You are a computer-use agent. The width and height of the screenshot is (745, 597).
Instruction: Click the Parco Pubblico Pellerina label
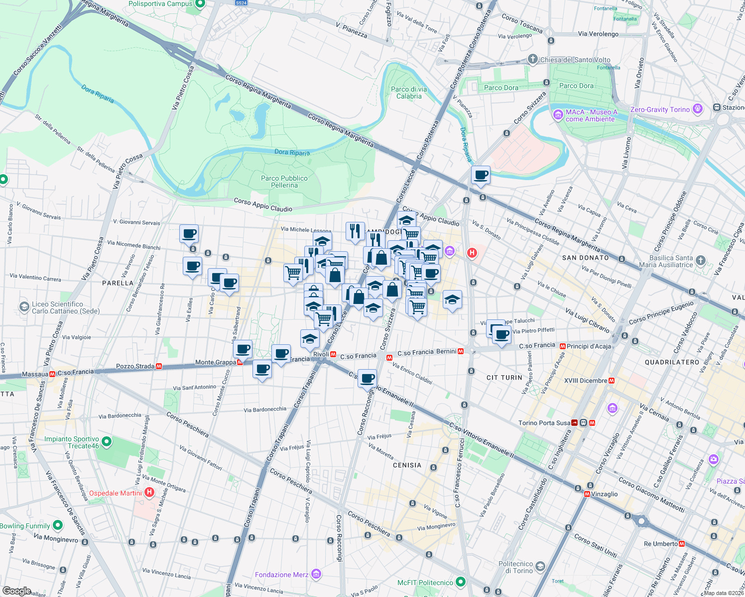(284, 182)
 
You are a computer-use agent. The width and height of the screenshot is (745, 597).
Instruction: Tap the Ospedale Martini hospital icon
(149, 493)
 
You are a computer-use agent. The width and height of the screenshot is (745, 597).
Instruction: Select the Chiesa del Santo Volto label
(575, 60)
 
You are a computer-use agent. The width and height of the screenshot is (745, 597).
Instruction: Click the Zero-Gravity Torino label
(660, 109)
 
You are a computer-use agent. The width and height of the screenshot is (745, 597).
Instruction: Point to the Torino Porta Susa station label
(544, 423)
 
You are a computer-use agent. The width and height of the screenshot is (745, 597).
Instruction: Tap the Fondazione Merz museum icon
(316, 575)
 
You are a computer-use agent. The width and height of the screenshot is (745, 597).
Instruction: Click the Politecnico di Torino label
(515, 567)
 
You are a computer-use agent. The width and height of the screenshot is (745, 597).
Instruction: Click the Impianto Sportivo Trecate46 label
(72, 442)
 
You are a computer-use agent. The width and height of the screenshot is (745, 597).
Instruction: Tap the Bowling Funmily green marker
(58, 525)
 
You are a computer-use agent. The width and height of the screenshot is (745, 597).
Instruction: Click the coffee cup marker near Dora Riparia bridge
(481, 175)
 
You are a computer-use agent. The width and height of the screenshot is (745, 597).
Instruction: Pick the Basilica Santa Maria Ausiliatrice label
(671, 261)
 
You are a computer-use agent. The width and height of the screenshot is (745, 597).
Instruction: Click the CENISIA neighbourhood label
(407, 465)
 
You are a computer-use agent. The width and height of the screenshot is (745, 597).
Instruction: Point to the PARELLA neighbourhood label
(118, 283)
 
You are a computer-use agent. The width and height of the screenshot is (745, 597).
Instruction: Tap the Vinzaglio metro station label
(604, 494)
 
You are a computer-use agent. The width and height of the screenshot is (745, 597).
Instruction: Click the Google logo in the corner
(16, 591)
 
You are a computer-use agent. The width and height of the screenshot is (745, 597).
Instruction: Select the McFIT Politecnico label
(425, 582)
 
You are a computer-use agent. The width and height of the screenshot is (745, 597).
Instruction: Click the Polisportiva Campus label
(160, 4)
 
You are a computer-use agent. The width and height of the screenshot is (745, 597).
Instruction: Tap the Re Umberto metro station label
(660, 544)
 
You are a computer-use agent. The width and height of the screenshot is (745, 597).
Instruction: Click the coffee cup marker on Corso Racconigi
(367, 379)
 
